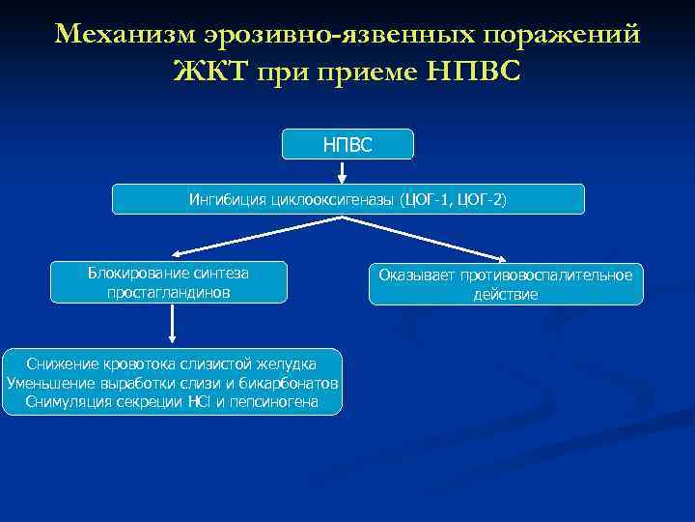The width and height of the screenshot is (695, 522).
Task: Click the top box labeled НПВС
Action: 347,144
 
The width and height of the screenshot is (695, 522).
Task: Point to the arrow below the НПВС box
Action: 343,171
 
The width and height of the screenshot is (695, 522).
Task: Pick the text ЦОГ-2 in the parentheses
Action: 479,200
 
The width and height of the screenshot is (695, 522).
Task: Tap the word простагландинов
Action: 170,292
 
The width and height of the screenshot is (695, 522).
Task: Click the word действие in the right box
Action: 506,294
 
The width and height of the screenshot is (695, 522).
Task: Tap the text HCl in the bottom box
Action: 199,401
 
